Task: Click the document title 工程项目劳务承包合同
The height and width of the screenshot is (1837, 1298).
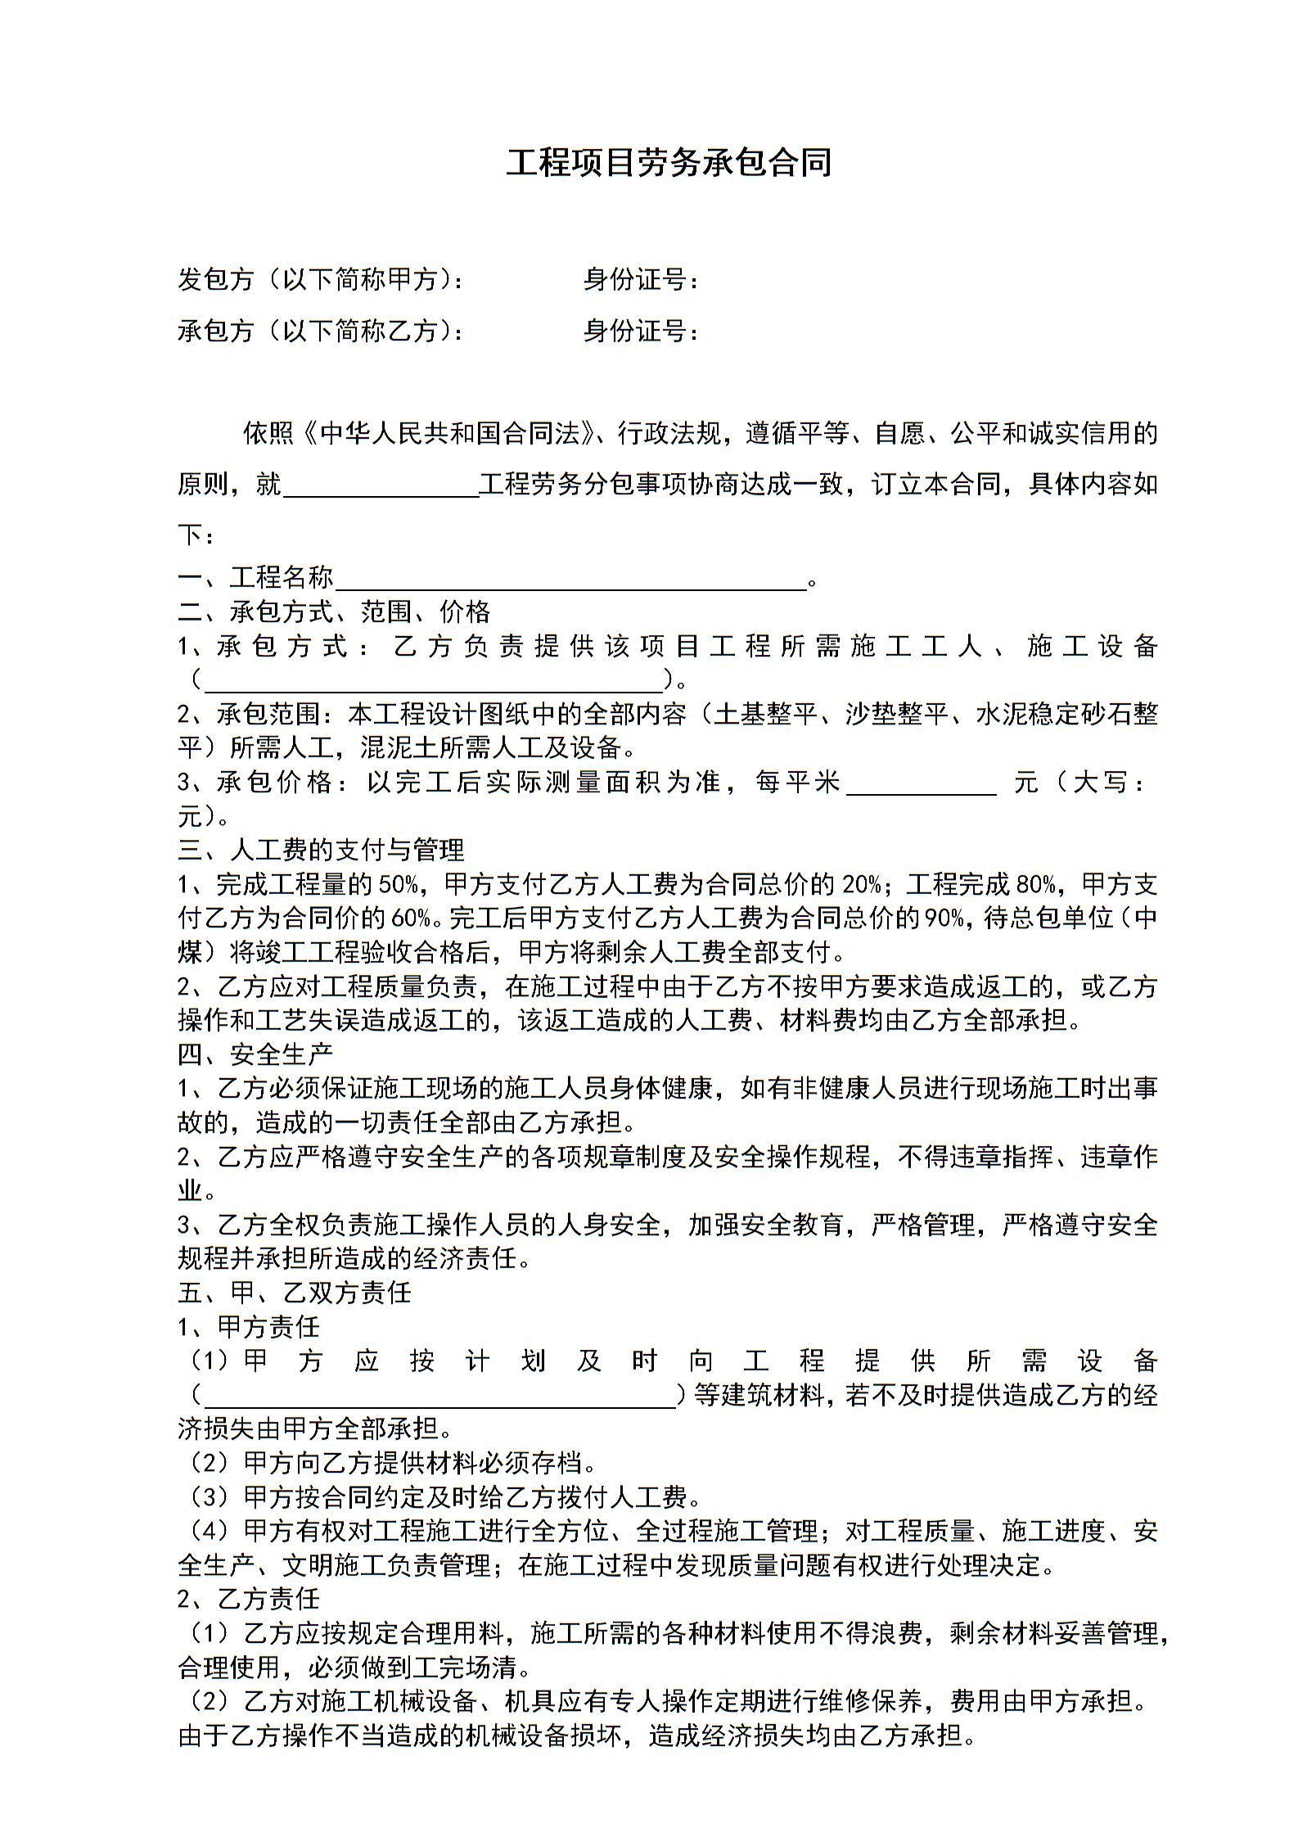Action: coord(668,162)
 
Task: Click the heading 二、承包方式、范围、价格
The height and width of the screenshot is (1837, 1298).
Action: coord(334,612)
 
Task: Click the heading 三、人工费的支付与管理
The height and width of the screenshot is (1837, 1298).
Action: coord(321,850)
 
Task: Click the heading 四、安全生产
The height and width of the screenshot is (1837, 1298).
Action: coord(255,1054)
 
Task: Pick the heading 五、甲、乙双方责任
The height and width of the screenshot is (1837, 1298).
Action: coord(295,1293)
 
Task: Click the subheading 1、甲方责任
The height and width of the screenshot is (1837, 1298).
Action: coord(249,1326)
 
